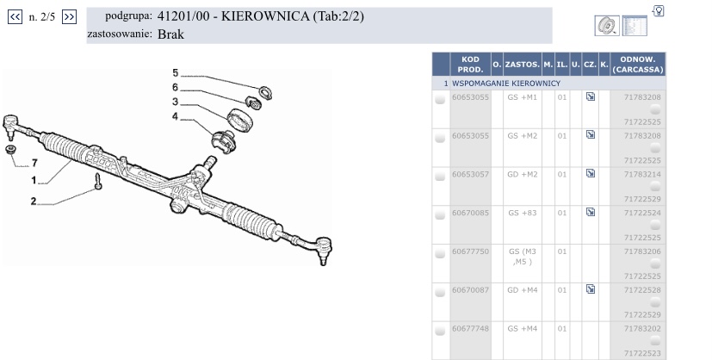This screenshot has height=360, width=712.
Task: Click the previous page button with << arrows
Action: click(x=15, y=17)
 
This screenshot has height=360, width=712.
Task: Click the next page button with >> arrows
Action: click(x=69, y=17)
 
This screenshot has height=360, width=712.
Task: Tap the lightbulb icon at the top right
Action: click(x=659, y=10)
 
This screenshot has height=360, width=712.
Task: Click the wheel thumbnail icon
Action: click(x=607, y=26)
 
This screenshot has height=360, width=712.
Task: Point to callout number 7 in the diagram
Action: click(x=34, y=163)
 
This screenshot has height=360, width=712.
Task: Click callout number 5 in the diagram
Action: click(x=176, y=73)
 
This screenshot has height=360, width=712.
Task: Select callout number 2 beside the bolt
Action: click(x=34, y=202)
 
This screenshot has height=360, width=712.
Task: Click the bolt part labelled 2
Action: click(x=98, y=182)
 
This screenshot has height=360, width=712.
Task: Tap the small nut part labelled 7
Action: click(x=10, y=149)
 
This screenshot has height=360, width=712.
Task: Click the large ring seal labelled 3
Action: click(x=239, y=120)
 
